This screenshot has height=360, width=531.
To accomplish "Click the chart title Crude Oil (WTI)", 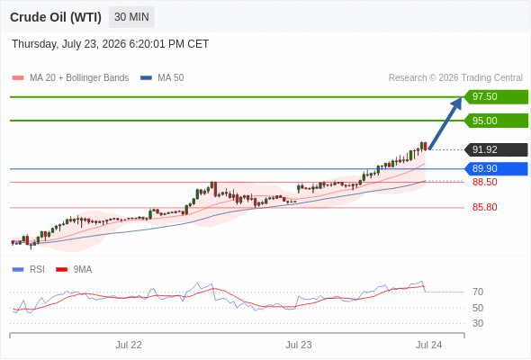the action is (x=56, y=17).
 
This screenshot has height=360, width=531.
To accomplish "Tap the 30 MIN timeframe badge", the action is (x=131, y=17).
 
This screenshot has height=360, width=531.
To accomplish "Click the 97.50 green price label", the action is (x=496, y=97).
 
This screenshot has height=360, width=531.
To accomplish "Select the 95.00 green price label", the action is (x=496, y=121).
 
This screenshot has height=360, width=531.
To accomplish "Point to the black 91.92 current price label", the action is (x=496, y=149).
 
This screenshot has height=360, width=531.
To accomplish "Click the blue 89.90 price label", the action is (x=496, y=168).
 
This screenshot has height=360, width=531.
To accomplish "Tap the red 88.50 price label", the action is (x=484, y=182).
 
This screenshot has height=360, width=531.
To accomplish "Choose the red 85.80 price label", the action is (x=484, y=207).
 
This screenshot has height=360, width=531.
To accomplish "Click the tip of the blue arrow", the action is (x=462, y=97).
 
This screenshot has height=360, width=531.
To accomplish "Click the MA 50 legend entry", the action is (x=162, y=78).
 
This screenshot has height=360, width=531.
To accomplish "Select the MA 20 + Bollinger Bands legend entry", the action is (x=70, y=78).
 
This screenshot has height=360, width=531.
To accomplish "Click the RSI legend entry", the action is (x=29, y=270).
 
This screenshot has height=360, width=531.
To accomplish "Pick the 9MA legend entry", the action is (x=74, y=270).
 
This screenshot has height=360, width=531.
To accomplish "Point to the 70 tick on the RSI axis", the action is (x=478, y=292).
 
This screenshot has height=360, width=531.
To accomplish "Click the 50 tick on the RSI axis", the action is (x=478, y=308).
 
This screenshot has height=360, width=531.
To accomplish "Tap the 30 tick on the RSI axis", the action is (x=478, y=323).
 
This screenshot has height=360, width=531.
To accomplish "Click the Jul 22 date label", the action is (x=129, y=345).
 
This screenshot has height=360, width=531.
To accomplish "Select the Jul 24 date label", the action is (x=428, y=345).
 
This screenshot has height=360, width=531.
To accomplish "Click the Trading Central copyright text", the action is (x=455, y=78).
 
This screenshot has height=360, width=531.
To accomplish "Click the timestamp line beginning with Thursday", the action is (x=111, y=44).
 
